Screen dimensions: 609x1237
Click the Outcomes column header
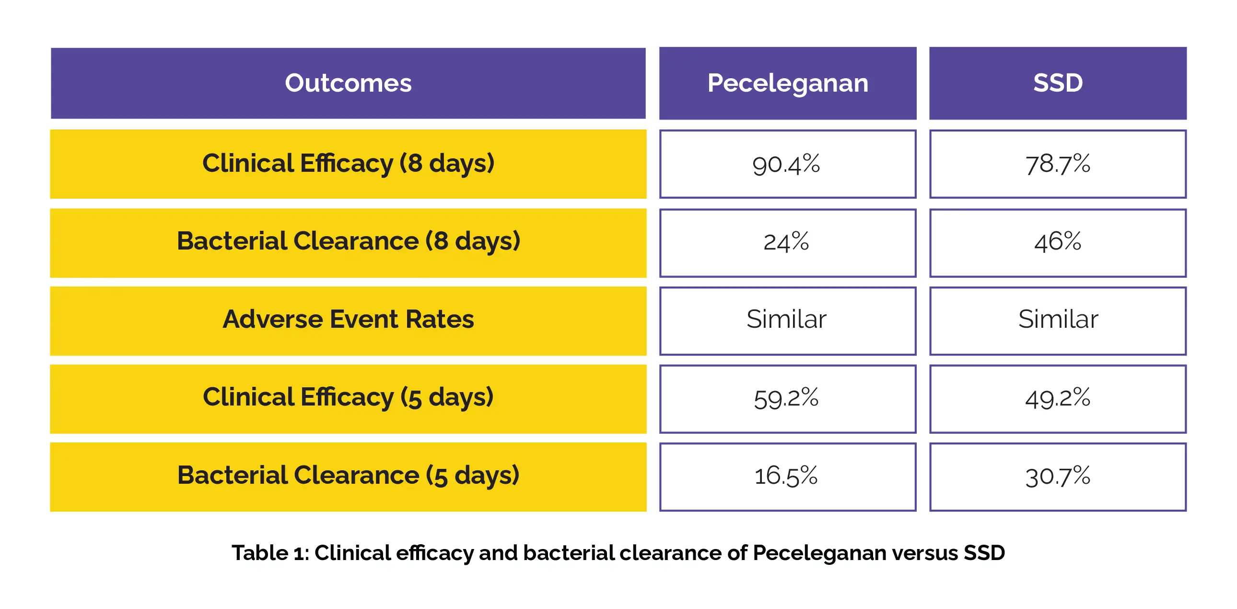(x=348, y=83)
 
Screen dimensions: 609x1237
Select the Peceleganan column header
(x=788, y=83)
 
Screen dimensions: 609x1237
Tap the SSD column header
(x=1057, y=83)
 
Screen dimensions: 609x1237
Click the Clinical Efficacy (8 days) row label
(x=348, y=164)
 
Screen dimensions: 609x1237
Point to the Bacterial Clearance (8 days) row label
(x=348, y=242)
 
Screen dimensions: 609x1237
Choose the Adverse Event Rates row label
(x=348, y=320)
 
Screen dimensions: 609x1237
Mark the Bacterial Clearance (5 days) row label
(x=348, y=476)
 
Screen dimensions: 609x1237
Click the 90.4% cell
(x=787, y=165)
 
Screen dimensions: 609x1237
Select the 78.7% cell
(x=1057, y=165)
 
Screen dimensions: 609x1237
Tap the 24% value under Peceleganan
(x=787, y=242)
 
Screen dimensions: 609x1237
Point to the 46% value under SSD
(x=1057, y=242)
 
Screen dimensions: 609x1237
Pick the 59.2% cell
(x=787, y=398)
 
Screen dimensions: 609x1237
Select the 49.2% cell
(x=1057, y=398)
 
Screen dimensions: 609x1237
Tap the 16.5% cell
(x=787, y=477)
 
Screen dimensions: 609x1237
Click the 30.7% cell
(x=1057, y=477)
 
